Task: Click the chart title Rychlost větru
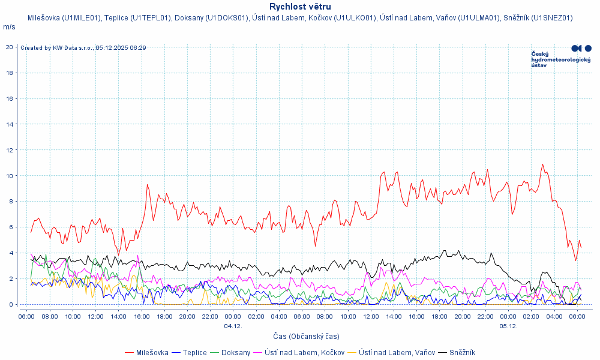tap(300, 7)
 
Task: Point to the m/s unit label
tap(9, 27)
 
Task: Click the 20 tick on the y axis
tap(10, 47)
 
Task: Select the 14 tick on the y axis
tap(10, 124)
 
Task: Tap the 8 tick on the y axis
tap(11, 202)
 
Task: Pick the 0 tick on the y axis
tap(11, 305)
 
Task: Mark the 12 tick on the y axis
tap(10, 150)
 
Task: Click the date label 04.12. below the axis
tap(233, 326)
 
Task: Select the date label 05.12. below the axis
tap(508, 326)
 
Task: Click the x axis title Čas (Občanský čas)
tap(305, 336)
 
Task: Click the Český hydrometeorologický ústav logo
tap(561, 56)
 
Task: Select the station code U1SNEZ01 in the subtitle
tap(552, 18)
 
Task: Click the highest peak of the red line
tap(542, 164)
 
